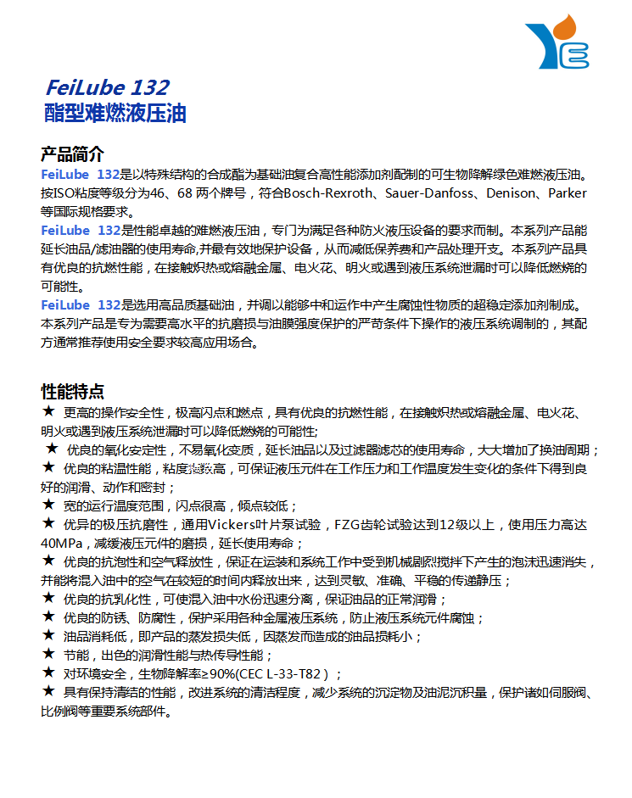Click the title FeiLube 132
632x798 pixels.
107,87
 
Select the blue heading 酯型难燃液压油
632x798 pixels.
115,113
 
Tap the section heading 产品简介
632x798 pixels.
72,154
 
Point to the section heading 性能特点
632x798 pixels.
72,392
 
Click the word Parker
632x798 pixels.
567,193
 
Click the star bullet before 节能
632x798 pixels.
48,655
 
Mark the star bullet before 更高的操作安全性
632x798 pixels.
48,412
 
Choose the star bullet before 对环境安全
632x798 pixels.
48,673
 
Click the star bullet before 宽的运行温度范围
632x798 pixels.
48,505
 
